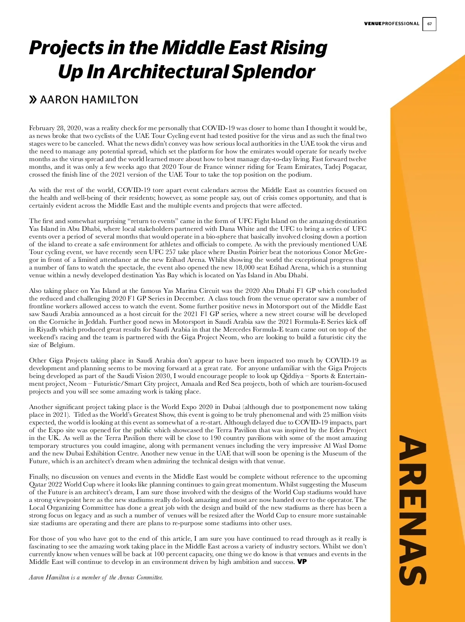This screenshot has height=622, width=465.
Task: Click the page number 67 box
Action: click(429, 24)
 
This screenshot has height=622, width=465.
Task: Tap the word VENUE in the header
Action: click(373, 24)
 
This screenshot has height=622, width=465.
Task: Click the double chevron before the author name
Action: click(33, 100)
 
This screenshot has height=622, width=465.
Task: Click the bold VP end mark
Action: click(302, 562)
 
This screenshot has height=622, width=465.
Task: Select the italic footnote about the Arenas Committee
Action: click(96, 577)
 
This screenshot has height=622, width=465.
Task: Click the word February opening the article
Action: click(42, 128)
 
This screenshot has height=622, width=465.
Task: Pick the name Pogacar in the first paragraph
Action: click(354, 167)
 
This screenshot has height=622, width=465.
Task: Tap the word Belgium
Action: click(61, 345)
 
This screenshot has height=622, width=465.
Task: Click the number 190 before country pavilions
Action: click(215, 438)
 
